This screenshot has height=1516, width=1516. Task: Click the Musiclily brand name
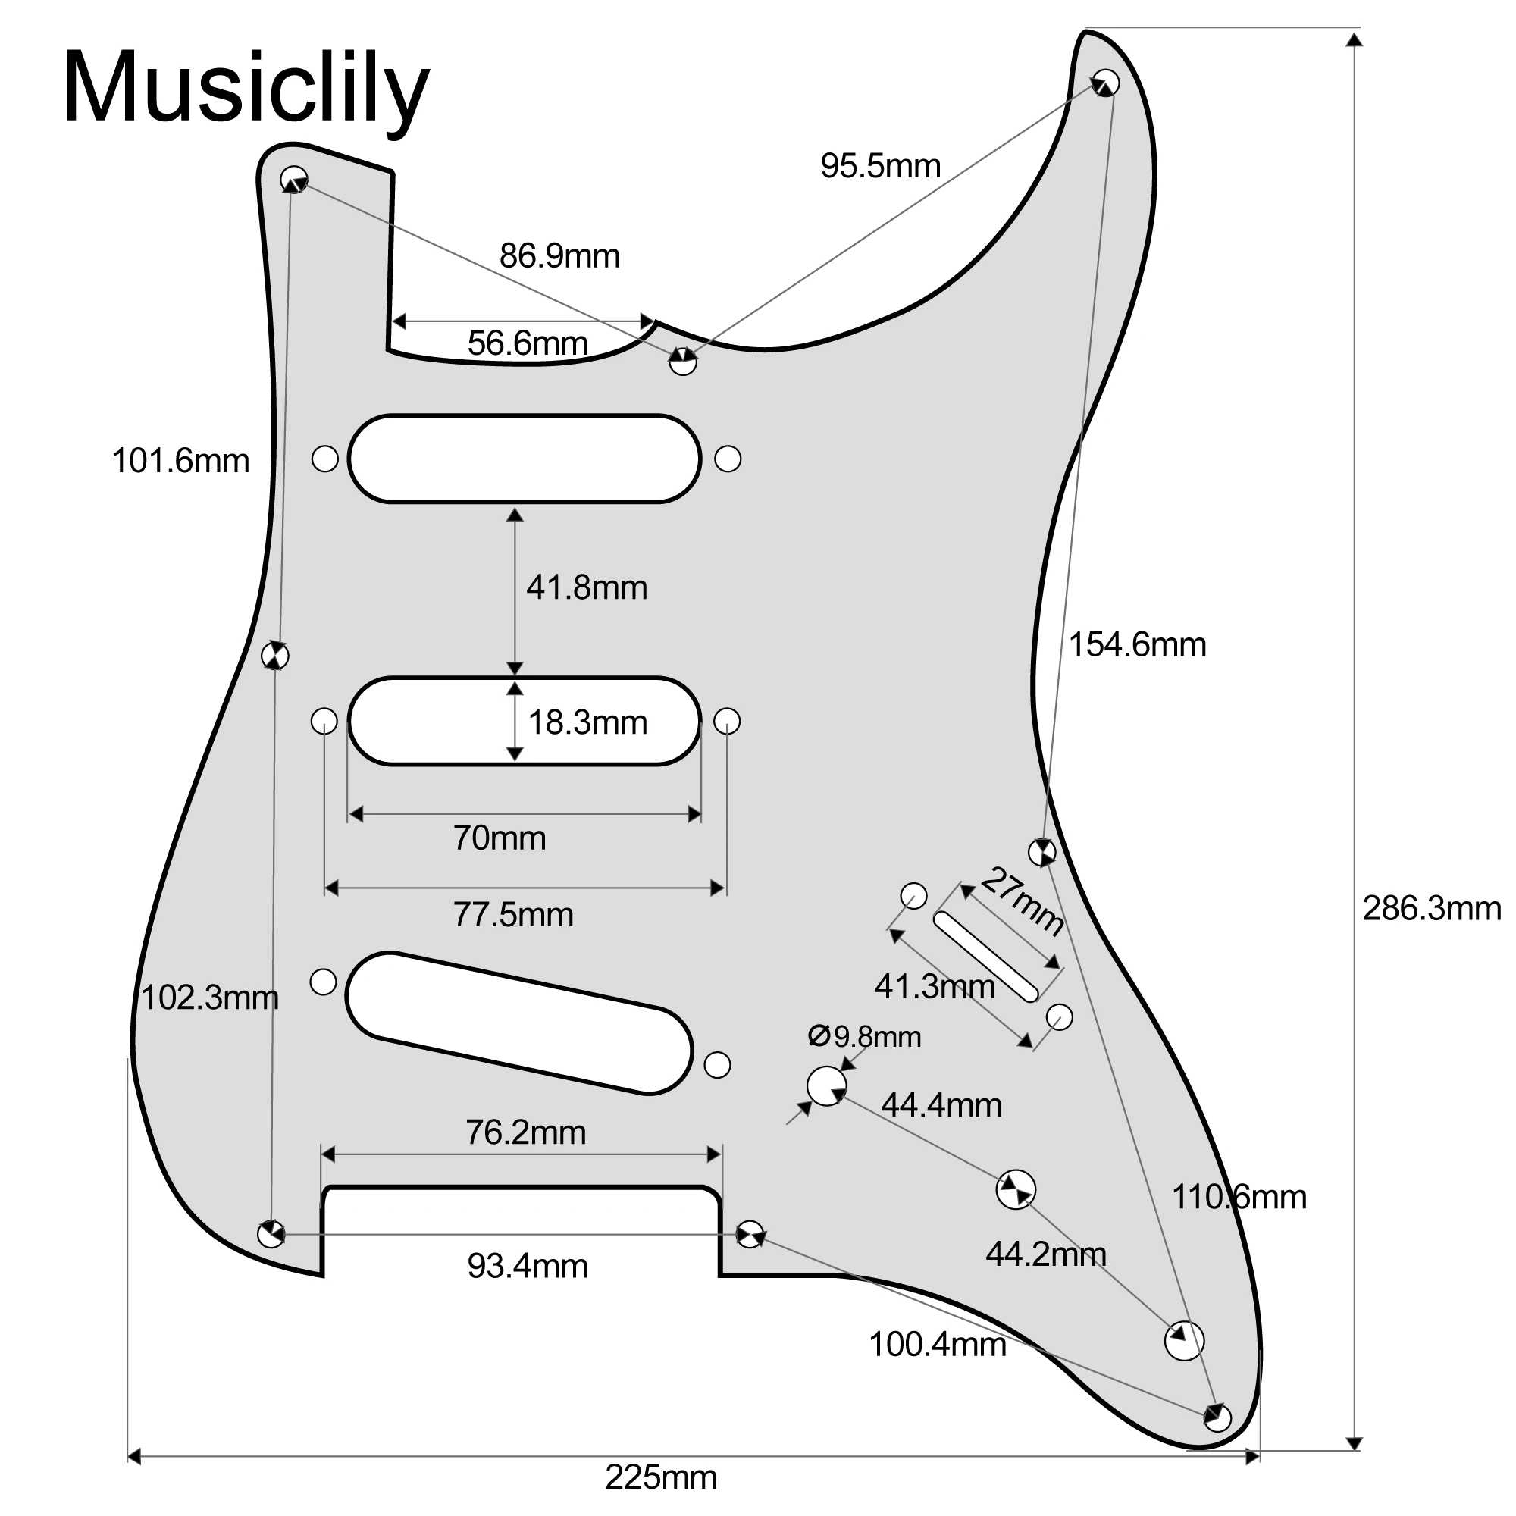(x=246, y=88)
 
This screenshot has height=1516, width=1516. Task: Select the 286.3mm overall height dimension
(x=1431, y=909)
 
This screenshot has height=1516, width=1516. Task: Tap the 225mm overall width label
(x=661, y=1477)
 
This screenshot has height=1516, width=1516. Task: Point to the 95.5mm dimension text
(x=880, y=165)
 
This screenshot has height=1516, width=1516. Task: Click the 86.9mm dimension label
(x=559, y=255)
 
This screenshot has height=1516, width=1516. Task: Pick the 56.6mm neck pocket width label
(x=528, y=343)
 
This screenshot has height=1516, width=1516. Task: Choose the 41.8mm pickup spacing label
(x=586, y=587)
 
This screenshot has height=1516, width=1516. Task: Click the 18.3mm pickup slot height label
(x=587, y=722)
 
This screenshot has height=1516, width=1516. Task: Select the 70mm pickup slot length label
(x=499, y=838)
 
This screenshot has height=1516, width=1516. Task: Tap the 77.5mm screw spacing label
(x=513, y=915)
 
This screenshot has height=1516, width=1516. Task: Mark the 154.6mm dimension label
(x=1137, y=644)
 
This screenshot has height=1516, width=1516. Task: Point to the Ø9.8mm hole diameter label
(x=865, y=1036)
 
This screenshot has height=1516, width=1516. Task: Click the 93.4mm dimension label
(x=528, y=1266)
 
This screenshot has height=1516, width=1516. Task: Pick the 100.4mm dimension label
(x=937, y=1344)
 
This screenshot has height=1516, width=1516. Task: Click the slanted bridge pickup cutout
(x=518, y=1023)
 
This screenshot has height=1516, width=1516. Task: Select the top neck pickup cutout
(x=525, y=459)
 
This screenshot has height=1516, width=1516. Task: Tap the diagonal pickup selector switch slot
(x=985, y=957)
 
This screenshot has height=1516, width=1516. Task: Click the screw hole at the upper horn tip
(x=1106, y=83)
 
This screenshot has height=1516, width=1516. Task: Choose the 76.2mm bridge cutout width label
(x=526, y=1132)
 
